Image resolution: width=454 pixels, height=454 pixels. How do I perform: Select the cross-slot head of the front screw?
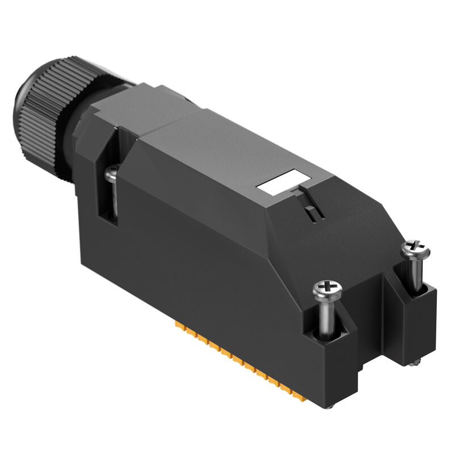(x=328, y=292)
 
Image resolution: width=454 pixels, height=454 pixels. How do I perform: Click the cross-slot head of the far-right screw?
(x=415, y=248)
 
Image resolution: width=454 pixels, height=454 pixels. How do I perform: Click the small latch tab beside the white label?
(x=312, y=213)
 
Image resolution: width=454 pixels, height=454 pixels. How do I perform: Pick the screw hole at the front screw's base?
(x=329, y=338)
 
